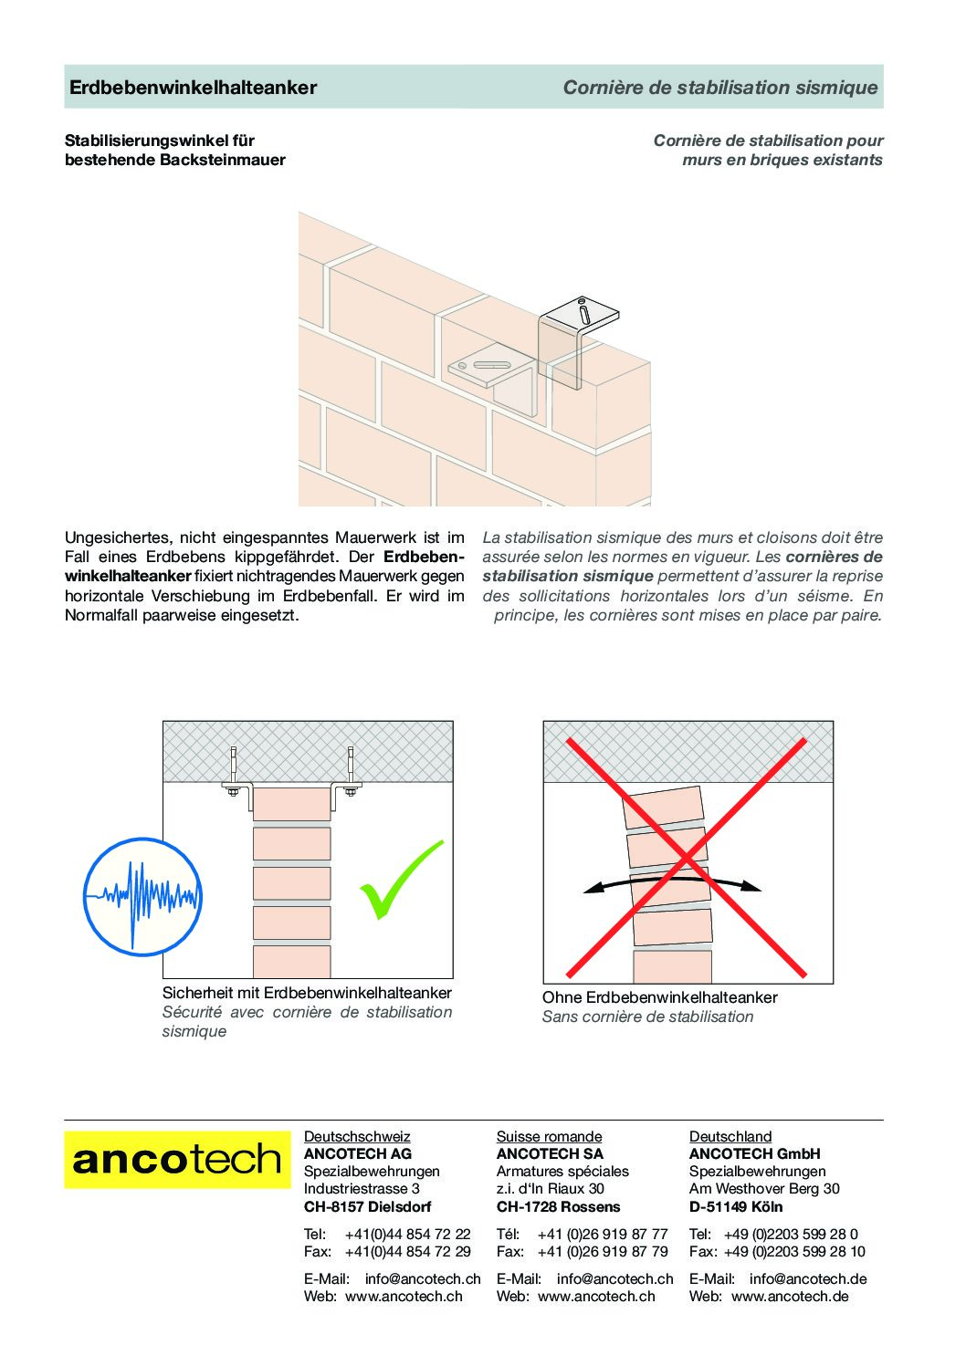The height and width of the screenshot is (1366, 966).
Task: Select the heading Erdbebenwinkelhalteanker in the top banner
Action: (194, 88)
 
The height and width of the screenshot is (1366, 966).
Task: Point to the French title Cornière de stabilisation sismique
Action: (719, 88)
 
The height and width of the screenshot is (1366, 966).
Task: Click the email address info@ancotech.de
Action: (807, 1278)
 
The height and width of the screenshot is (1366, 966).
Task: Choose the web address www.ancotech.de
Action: (790, 1296)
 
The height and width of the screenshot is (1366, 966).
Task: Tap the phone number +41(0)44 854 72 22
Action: (407, 1234)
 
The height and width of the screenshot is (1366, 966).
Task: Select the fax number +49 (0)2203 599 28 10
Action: (794, 1251)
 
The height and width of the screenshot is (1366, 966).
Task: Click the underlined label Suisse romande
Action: (549, 1136)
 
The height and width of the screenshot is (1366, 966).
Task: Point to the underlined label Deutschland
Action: (730, 1136)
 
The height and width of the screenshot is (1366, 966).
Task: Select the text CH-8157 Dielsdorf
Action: (367, 1206)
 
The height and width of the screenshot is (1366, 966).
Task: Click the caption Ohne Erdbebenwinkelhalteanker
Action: (659, 997)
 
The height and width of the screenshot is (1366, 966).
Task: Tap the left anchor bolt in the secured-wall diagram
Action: (235, 771)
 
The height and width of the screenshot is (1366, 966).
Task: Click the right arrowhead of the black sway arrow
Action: (752, 885)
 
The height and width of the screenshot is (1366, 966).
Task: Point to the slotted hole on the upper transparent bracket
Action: (583, 312)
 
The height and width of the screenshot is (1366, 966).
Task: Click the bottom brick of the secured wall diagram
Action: (291, 962)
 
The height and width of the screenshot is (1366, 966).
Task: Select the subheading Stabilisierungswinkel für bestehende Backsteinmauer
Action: (174, 151)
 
